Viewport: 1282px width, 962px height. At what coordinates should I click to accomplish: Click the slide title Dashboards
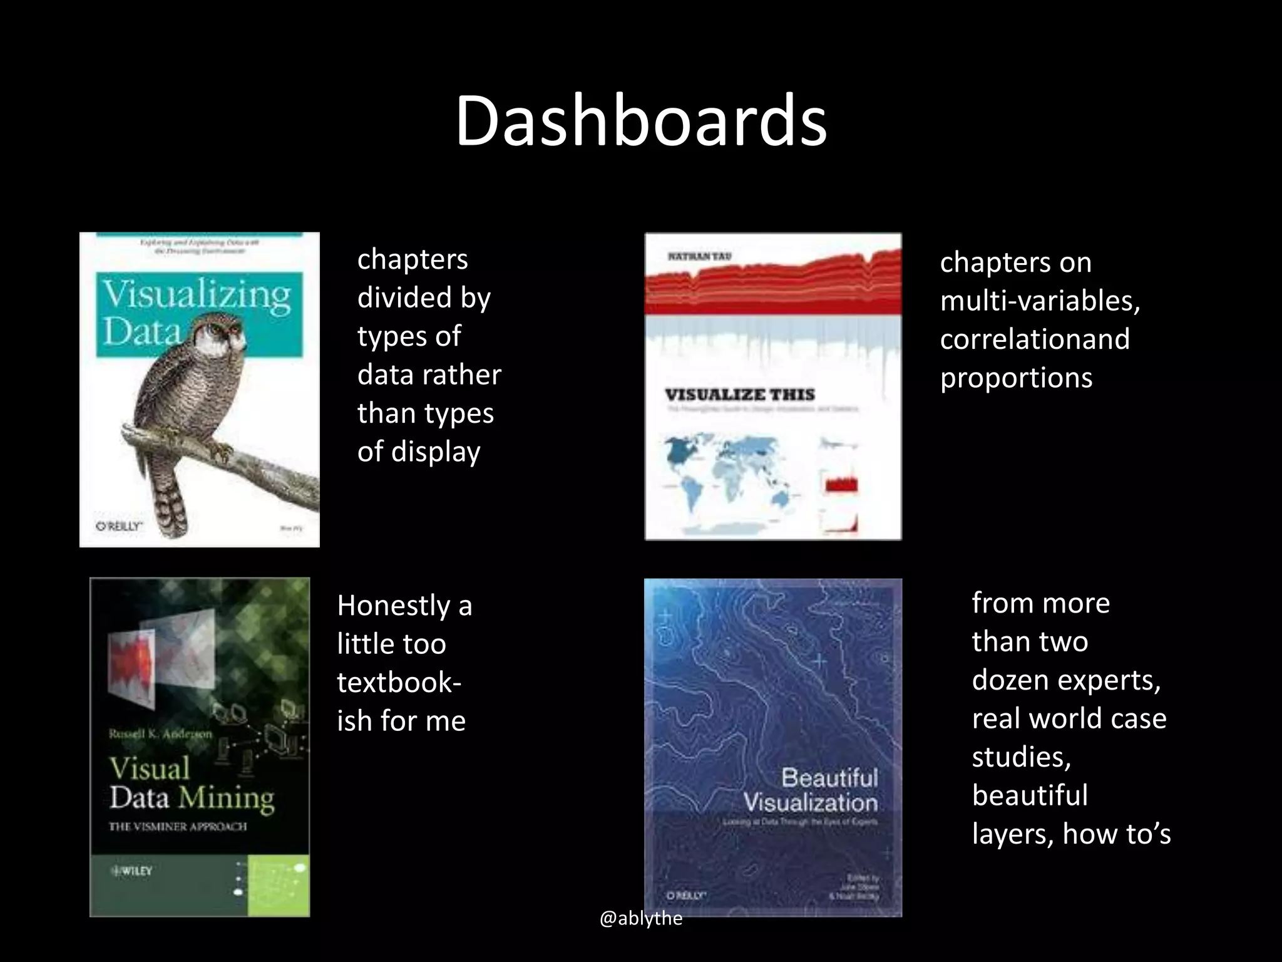641,121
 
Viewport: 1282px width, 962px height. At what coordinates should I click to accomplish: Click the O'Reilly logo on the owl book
119,526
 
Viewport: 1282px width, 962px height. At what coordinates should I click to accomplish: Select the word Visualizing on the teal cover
197,294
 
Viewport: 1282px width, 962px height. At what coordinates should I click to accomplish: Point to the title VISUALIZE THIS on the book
739,395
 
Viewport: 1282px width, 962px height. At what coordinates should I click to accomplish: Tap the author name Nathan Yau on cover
699,257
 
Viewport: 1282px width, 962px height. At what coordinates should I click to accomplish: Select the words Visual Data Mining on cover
192,783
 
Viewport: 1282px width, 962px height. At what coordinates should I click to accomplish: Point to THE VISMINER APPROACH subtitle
178,827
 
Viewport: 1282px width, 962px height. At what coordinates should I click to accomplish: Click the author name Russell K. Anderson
160,733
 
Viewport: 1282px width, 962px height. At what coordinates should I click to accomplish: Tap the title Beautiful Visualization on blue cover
811,790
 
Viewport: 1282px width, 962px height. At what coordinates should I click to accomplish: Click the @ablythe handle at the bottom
640,919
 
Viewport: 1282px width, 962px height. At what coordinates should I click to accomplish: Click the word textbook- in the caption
399,682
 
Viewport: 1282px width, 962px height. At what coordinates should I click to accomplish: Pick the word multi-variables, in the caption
1039,301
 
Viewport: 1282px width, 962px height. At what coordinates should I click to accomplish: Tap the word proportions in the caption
1016,378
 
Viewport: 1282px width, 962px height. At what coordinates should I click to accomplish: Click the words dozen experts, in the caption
1066,680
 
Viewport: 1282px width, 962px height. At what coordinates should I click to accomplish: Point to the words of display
418,452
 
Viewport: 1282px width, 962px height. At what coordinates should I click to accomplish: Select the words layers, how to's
1070,834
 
